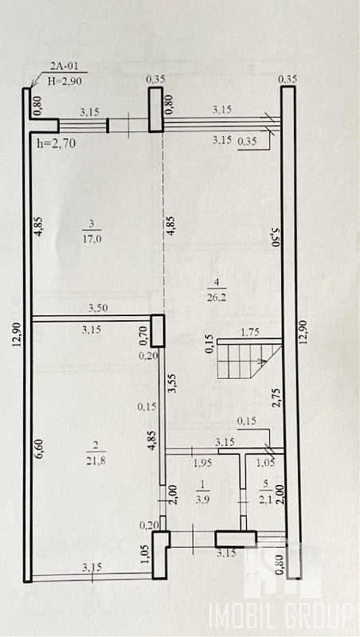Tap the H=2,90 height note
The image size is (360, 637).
point(65,81)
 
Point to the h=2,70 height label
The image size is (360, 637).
point(56,143)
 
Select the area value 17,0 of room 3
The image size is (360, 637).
point(92,239)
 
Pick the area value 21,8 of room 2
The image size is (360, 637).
point(96,461)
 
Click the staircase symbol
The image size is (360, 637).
point(249,360)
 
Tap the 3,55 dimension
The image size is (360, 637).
point(171,384)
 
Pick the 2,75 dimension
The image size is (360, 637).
point(277,397)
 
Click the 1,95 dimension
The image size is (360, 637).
point(203,463)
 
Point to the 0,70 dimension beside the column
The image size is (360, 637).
point(143,336)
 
